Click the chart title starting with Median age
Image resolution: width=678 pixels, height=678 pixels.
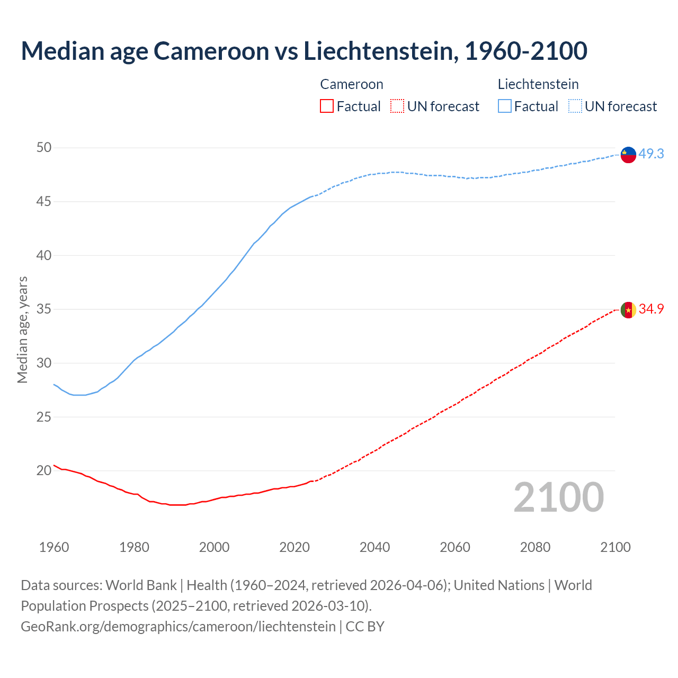[x=304, y=51]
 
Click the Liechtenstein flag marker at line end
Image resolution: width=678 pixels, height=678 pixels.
[x=628, y=155]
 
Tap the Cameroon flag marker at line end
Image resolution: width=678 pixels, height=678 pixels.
[x=628, y=310]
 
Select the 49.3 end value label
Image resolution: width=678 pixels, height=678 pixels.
[x=651, y=154]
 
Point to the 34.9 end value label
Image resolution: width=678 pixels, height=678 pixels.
[x=651, y=309]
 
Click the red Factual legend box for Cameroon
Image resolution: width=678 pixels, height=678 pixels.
[x=327, y=106]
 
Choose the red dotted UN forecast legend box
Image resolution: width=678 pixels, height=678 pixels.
[x=397, y=106]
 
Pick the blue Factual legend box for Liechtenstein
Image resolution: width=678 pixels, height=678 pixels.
[x=505, y=106]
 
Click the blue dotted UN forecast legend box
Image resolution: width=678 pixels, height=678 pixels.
[x=575, y=106]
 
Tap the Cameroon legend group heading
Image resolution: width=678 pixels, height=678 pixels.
[x=351, y=84]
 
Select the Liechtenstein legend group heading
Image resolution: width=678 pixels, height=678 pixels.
[x=538, y=84]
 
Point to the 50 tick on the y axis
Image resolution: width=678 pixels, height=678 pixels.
[x=44, y=147]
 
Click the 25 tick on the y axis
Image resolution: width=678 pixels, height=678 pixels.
[x=44, y=417]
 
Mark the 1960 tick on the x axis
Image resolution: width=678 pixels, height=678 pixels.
[x=54, y=547]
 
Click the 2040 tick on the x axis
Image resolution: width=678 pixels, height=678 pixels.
[x=374, y=547]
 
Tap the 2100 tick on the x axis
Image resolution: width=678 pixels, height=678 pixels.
[x=615, y=547]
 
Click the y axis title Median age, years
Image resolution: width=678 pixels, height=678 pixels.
[x=22, y=329]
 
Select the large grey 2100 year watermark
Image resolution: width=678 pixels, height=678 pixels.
[x=558, y=497]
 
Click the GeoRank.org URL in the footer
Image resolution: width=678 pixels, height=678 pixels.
[x=178, y=626]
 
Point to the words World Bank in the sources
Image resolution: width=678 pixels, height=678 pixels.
[x=141, y=585]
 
